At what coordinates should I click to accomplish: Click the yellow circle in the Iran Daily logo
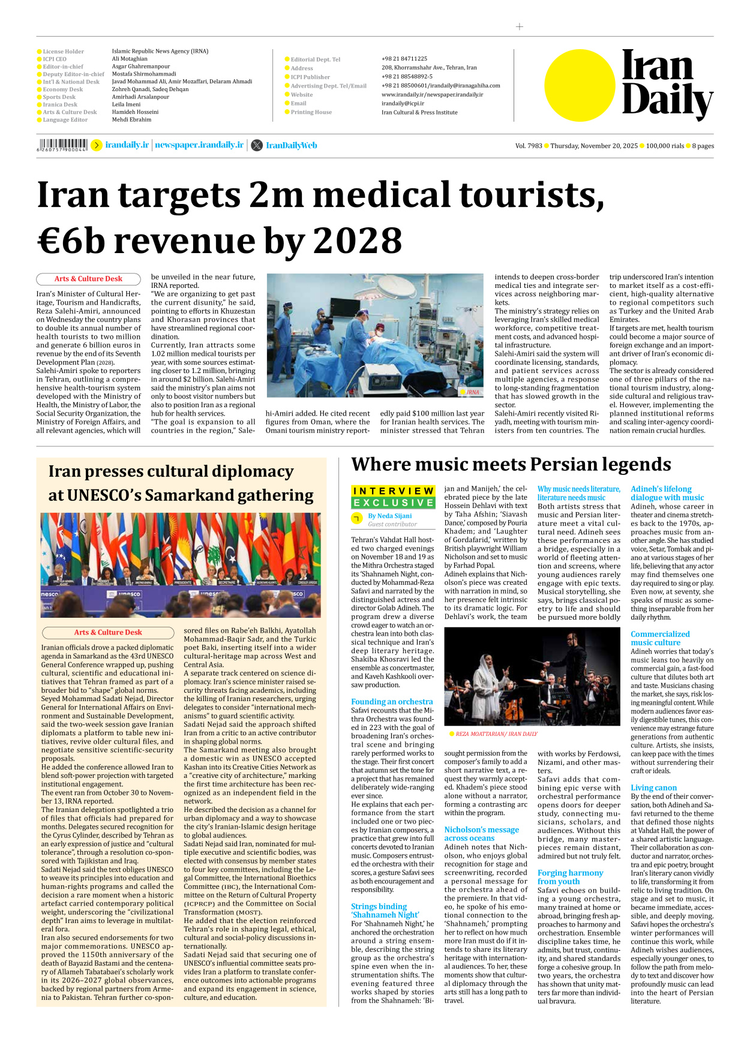[580, 85]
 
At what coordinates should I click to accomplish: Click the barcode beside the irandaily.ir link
[62, 145]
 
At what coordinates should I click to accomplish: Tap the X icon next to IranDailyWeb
[257, 145]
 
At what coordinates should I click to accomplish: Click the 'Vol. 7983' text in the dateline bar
[528, 146]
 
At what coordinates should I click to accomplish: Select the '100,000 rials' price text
[665, 146]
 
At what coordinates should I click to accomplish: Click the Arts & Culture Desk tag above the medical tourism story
[88, 279]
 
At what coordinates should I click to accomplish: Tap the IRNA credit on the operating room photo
[473, 392]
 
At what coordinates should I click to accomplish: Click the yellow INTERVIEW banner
[393, 491]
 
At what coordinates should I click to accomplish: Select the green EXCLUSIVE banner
[393, 503]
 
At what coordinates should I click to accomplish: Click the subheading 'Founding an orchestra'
[392, 701]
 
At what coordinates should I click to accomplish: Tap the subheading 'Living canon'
[653, 787]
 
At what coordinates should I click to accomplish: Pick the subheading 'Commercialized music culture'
[660, 638]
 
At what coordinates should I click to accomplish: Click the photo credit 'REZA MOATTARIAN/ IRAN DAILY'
[496, 734]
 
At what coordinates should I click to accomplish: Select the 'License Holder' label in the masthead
[63, 52]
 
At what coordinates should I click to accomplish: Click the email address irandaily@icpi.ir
[403, 103]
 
